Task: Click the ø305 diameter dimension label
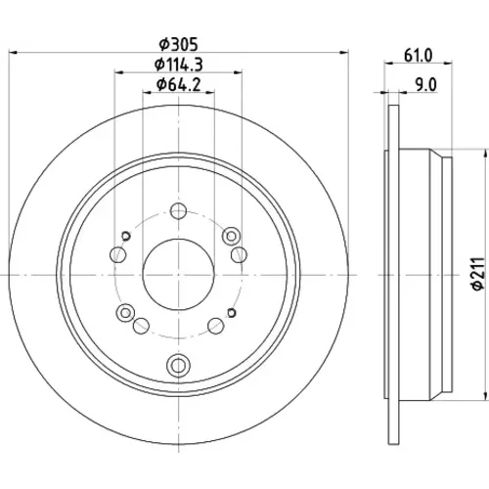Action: (x=178, y=45)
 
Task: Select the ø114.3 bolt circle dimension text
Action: (x=178, y=65)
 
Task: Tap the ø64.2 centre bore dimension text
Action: (x=178, y=85)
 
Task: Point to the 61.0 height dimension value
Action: (x=419, y=56)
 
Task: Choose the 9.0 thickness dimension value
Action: (x=425, y=85)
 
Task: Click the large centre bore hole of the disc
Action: (x=178, y=275)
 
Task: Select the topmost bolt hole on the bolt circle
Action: (x=178, y=211)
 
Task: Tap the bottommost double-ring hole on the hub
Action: (x=178, y=365)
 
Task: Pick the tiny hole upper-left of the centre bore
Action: (x=126, y=236)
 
